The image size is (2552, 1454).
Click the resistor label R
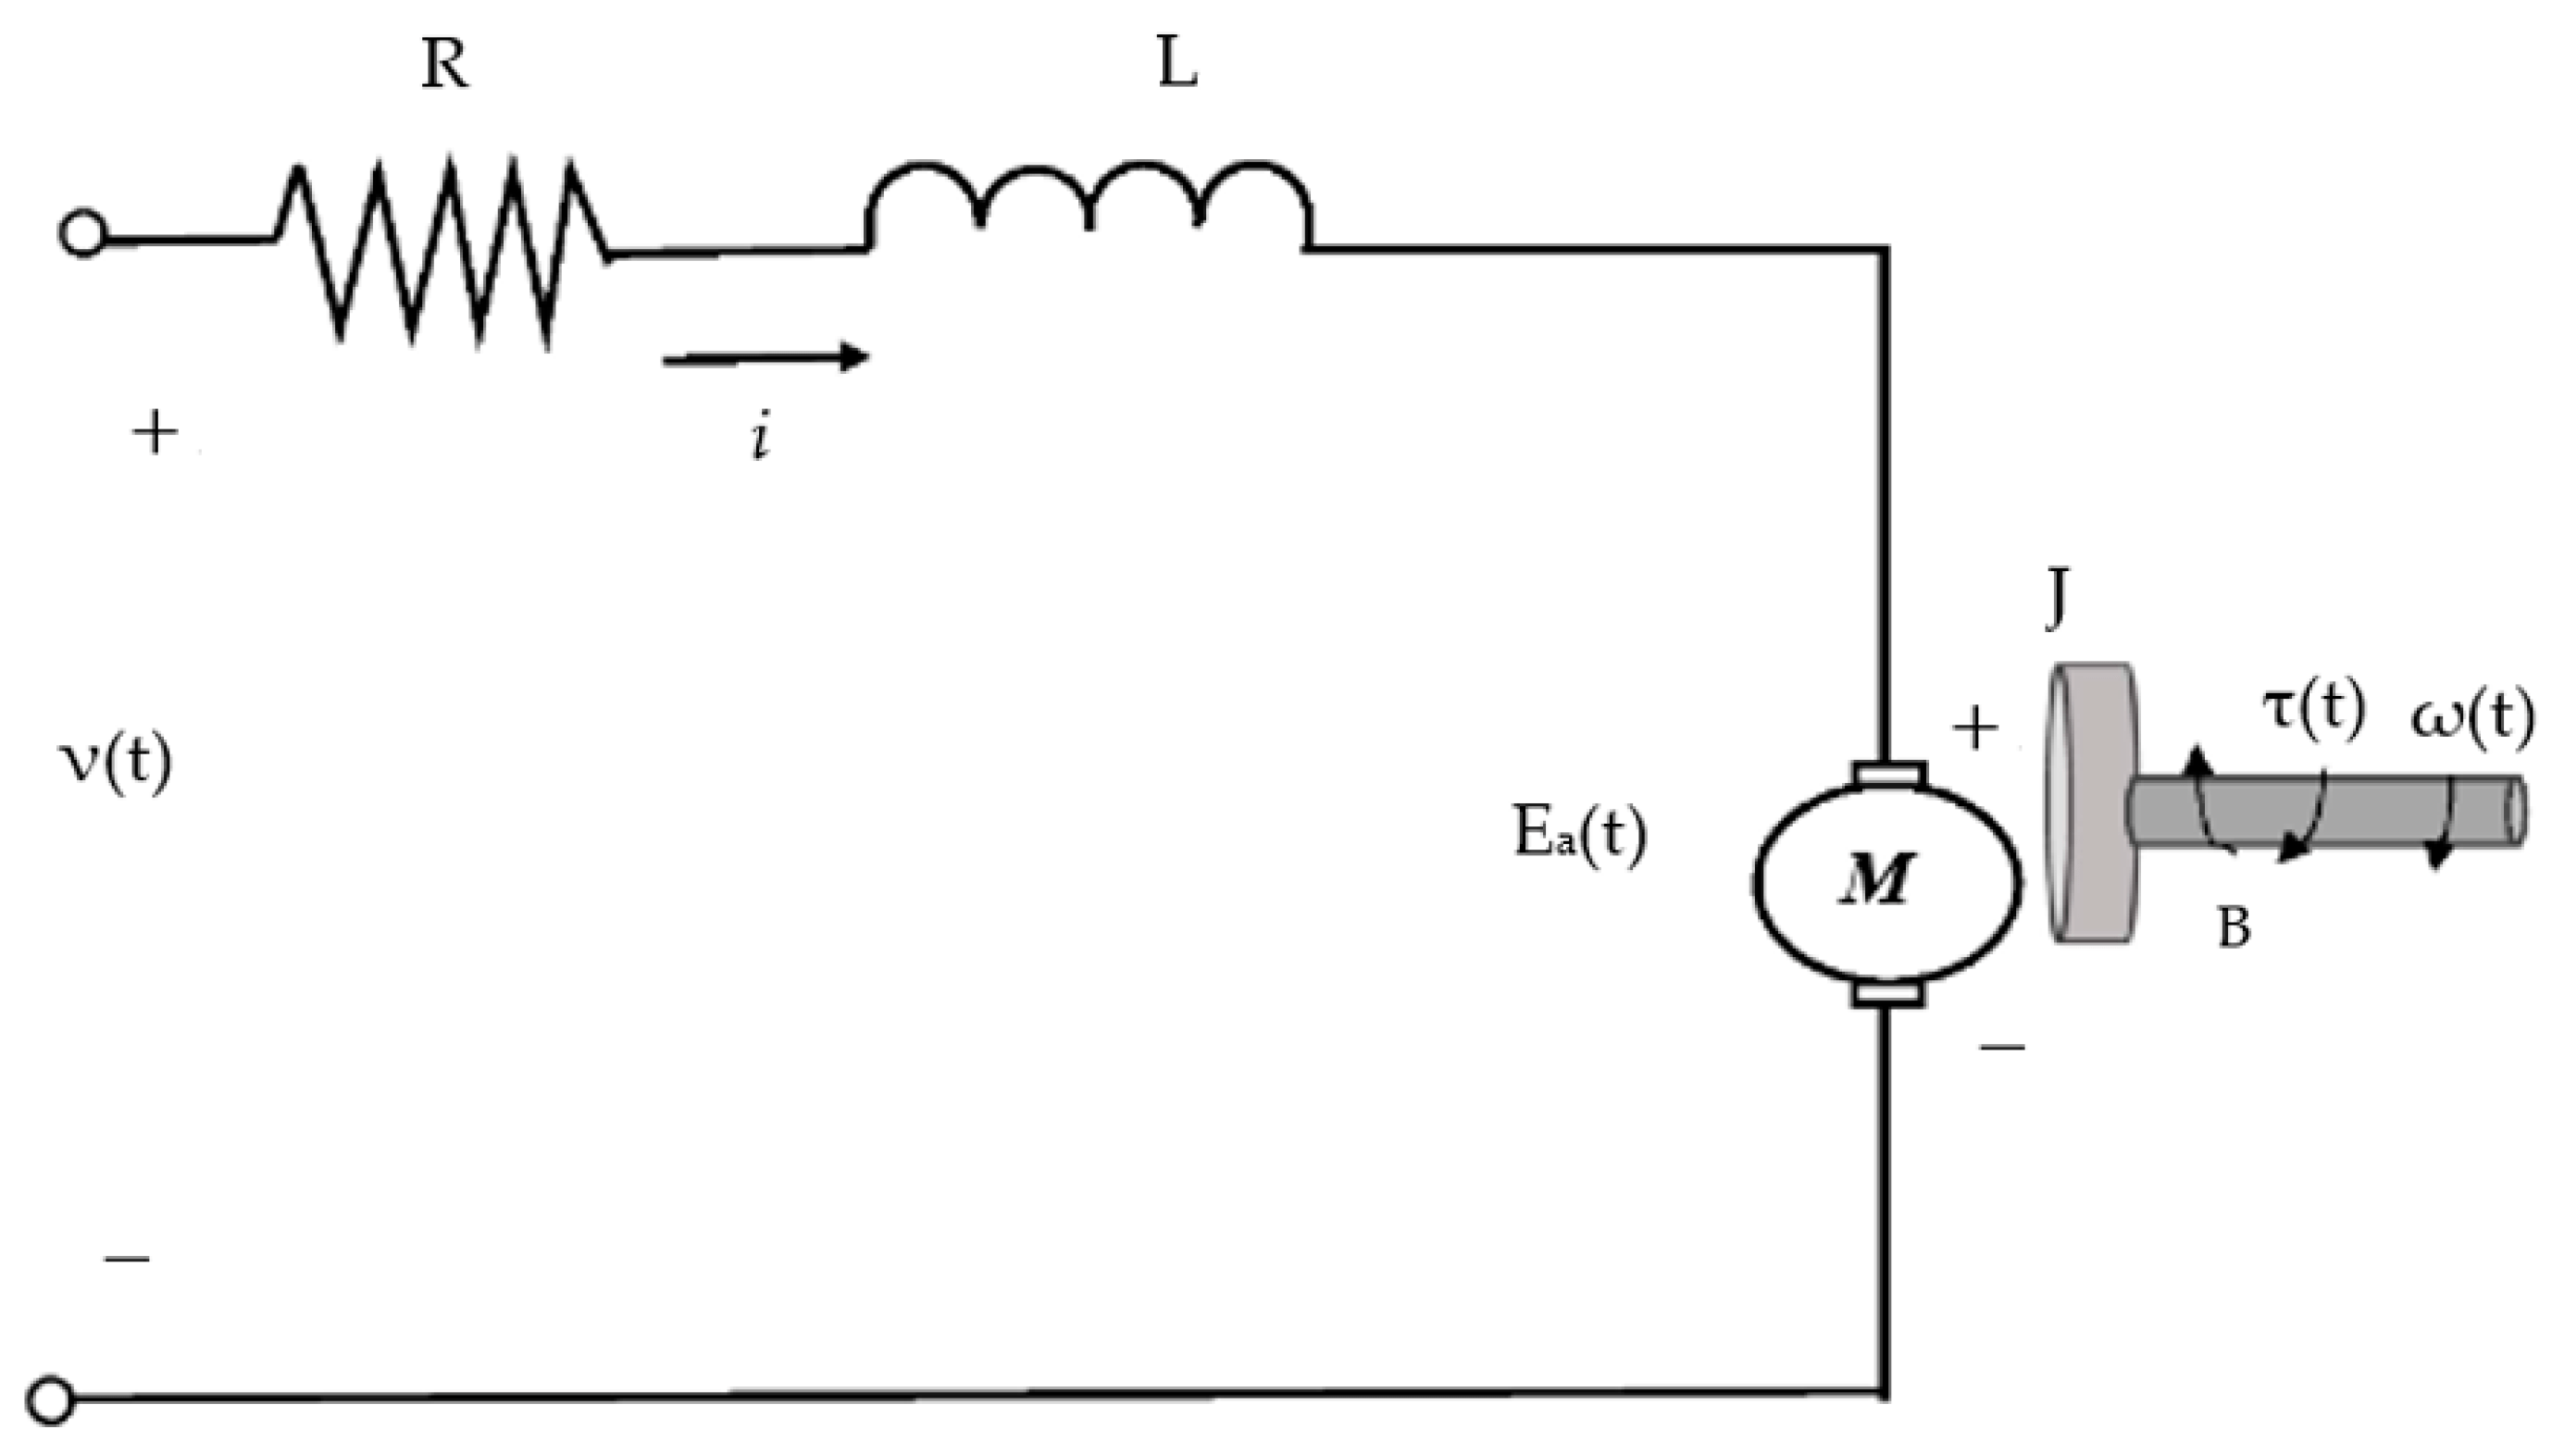coord(445,68)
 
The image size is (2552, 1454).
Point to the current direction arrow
coord(766,356)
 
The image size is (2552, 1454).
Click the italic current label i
coord(762,440)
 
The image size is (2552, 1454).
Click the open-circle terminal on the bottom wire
coord(51,1399)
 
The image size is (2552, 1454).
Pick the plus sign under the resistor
coord(155,434)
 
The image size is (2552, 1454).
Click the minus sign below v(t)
coord(127,1260)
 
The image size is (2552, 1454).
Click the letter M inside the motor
coord(1878,881)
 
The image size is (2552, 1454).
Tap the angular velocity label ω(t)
coord(2472,718)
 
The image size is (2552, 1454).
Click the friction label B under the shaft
coord(2233,928)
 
